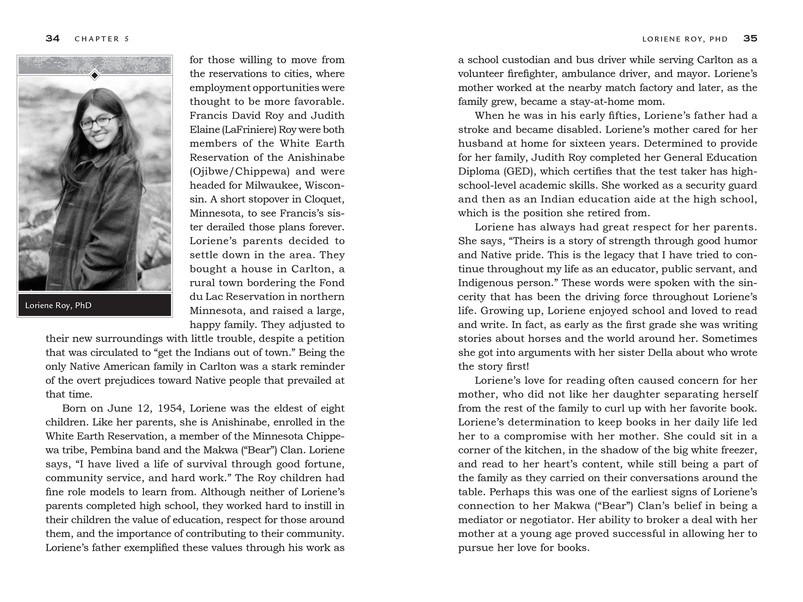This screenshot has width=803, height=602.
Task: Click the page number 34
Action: [52, 38]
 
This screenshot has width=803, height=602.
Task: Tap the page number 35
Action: [750, 38]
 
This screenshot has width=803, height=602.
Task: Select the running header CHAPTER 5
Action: [102, 39]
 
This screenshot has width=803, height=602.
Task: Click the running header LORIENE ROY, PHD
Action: [685, 39]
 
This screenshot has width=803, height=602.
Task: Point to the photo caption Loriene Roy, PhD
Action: [58, 305]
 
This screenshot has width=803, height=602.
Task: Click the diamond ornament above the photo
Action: [95, 75]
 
